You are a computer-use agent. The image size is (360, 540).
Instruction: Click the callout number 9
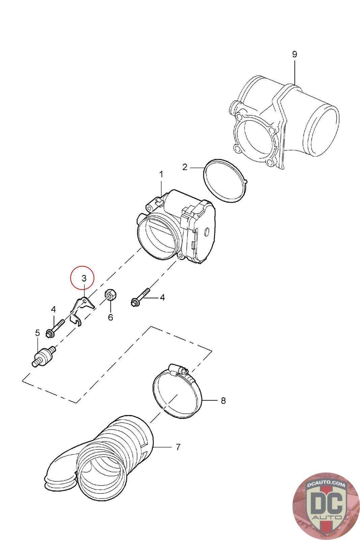tap(294, 54)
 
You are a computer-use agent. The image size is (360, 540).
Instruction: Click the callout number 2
tap(185, 167)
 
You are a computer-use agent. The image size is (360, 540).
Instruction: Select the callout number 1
tap(161, 174)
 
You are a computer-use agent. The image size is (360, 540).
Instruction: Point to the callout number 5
tap(37, 333)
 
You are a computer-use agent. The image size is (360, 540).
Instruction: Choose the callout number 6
tap(110, 317)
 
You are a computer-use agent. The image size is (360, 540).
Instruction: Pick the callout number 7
tap(178, 447)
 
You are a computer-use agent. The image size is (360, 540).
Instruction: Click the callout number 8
tap(223, 401)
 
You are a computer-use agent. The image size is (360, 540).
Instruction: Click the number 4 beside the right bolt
tap(162, 298)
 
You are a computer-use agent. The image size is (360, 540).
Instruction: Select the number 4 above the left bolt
tap(53, 309)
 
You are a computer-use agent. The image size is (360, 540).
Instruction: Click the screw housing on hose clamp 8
tap(181, 371)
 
